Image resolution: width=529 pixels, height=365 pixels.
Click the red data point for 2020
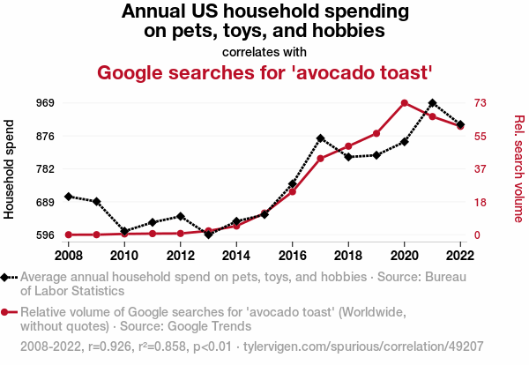[x=405, y=103]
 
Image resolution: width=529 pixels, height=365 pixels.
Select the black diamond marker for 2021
[x=432, y=103]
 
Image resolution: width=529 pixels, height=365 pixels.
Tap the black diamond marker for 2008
[x=69, y=196]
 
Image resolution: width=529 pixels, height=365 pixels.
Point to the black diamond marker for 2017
[x=321, y=138]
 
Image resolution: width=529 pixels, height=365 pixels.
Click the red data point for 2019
[x=376, y=133]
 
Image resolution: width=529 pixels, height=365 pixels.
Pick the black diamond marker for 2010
[x=124, y=231]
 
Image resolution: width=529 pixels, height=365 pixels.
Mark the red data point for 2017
[x=321, y=158]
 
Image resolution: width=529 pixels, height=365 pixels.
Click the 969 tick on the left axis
[x=46, y=103]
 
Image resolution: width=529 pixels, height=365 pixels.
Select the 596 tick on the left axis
[x=46, y=235]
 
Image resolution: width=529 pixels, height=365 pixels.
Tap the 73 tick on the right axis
[x=481, y=103]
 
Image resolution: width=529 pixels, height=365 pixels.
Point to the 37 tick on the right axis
[x=481, y=168]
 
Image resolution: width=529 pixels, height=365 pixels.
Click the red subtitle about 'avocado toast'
[x=264, y=71]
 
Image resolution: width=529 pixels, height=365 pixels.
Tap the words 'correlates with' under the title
[x=264, y=51]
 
